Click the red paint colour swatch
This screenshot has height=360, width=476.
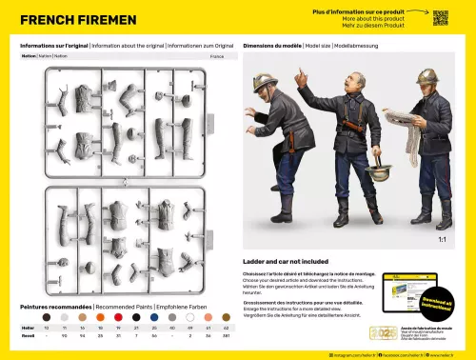(119, 316)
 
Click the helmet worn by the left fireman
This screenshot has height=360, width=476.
(264, 81)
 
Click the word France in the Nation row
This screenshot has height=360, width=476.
(217, 56)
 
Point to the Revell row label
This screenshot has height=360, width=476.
(29, 336)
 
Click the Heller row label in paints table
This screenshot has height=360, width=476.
(29, 328)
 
